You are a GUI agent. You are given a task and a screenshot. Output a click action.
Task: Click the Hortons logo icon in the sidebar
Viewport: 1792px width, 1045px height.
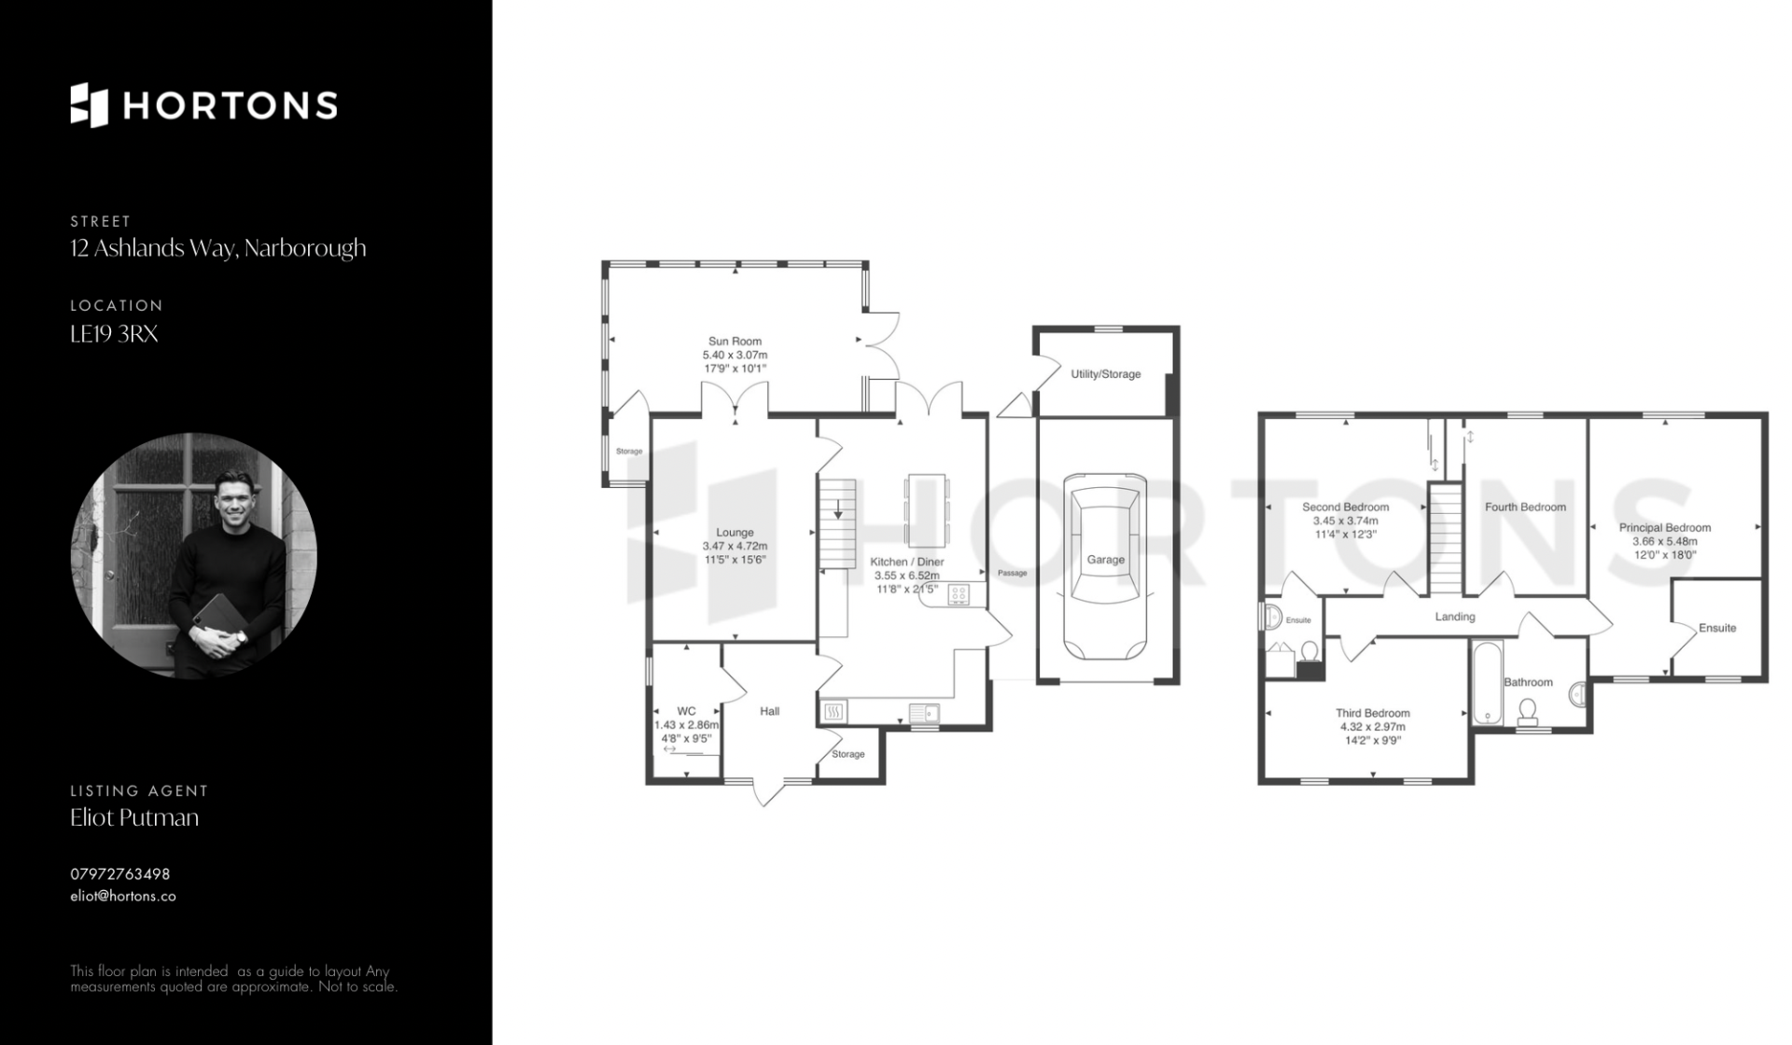pyautogui.click(x=90, y=104)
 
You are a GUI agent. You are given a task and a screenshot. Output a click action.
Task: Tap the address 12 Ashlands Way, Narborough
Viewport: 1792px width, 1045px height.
pyautogui.click(x=218, y=248)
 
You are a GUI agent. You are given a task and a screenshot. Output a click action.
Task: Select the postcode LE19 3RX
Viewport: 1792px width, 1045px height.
pyautogui.click(x=114, y=334)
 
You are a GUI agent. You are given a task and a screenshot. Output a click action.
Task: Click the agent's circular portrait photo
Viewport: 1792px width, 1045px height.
pyautogui.click(x=194, y=556)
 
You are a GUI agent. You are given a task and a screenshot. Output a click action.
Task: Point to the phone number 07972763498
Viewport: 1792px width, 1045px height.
pyautogui.click(x=120, y=874)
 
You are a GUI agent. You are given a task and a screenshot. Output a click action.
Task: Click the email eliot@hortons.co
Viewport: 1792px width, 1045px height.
pyautogui.click(x=123, y=896)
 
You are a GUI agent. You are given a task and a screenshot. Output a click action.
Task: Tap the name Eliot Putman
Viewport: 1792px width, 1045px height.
pyautogui.click(x=134, y=817)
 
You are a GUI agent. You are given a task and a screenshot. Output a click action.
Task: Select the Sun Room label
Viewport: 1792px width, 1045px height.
pyautogui.click(x=735, y=341)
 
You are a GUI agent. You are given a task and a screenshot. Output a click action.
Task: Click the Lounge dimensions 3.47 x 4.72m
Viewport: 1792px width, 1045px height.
pyautogui.click(x=735, y=546)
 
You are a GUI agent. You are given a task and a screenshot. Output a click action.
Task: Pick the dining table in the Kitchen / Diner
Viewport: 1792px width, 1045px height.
pyautogui.click(x=926, y=510)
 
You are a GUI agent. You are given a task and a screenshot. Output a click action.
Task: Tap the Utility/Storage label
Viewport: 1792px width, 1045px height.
pyautogui.click(x=1106, y=374)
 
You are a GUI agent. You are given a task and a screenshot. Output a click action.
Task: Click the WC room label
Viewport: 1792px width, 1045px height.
pyautogui.click(x=686, y=711)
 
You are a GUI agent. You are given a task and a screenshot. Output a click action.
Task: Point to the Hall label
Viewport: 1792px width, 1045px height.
pyautogui.click(x=770, y=711)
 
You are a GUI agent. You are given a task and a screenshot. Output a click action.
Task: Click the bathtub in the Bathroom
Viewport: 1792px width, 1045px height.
pyautogui.click(x=1487, y=683)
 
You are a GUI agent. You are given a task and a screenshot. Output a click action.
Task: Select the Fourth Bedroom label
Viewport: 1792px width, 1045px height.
pyautogui.click(x=1525, y=507)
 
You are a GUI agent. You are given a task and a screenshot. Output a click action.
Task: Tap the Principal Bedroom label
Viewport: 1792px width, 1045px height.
pyautogui.click(x=1665, y=527)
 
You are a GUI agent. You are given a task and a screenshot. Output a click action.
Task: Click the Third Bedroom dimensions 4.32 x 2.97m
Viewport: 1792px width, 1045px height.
pyautogui.click(x=1373, y=727)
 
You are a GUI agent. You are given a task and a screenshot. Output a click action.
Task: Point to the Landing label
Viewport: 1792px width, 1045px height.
pyautogui.click(x=1455, y=617)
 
